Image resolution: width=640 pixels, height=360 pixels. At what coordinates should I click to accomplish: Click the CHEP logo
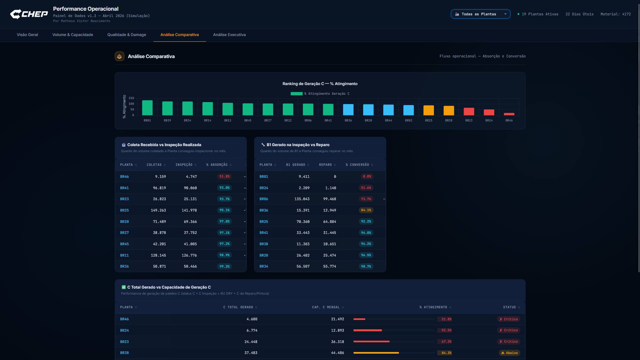[x=29, y=14]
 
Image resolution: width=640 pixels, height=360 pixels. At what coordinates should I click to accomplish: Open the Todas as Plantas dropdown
[x=481, y=14]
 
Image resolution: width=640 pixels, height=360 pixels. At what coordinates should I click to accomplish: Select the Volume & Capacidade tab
[x=73, y=35]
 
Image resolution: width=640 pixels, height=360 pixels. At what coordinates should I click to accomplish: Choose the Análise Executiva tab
[x=229, y=35]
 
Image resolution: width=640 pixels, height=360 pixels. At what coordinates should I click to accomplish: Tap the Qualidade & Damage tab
[x=127, y=35]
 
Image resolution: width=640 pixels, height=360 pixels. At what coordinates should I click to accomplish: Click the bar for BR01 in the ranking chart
[x=147, y=108]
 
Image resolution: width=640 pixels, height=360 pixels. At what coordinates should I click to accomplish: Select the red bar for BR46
[x=509, y=114]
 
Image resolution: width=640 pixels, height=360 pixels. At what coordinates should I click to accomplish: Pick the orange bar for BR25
[x=429, y=110]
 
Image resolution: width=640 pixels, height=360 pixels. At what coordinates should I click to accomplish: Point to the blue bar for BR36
[x=348, y=110]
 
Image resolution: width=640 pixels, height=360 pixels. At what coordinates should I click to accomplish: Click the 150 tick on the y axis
[x=131, y=98]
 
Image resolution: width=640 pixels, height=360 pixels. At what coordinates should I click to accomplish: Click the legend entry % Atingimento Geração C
[x=320, y=94]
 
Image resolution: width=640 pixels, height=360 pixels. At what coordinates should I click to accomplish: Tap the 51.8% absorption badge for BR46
[x=224, y=176]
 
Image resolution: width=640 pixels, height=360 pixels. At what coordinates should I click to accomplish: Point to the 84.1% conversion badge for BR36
[x=366, y=210]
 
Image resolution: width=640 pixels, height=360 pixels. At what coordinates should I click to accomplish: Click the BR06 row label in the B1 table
[x=264, y=199]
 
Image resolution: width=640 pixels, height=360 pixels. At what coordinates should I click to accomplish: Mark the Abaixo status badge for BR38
[x=509, y=353]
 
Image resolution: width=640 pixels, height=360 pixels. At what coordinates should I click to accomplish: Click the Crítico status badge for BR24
[x=508, y=330]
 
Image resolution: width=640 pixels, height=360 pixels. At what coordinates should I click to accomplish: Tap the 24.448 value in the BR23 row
[x=251, y=342]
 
